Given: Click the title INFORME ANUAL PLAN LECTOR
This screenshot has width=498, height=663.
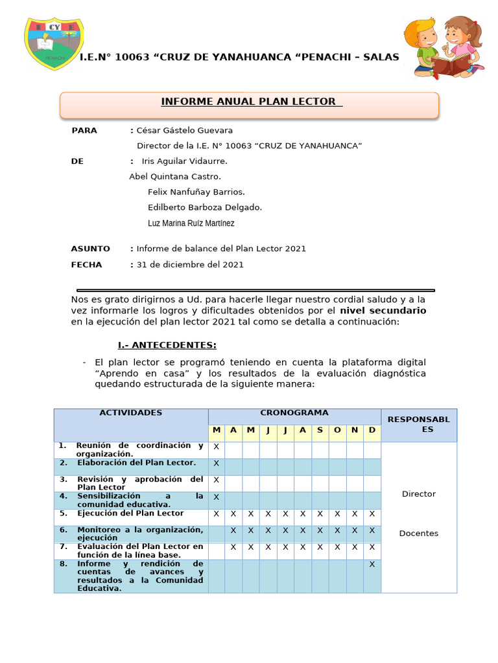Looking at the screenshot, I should [x=249, y=102].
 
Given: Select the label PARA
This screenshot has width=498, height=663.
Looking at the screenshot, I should [x=84, y=131].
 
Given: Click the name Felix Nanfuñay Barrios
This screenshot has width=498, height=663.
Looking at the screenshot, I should [x=196, y=192].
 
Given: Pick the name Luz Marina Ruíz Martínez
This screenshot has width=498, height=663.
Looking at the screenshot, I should [x=191, y=223].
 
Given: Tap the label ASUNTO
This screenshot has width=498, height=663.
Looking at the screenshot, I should [x=90, y=249].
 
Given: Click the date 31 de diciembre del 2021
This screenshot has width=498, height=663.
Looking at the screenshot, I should [x=190, y=264].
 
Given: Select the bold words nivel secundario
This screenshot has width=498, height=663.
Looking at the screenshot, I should [x=383, y=311].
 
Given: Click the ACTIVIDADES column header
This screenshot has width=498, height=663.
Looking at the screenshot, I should [x=130, y=413].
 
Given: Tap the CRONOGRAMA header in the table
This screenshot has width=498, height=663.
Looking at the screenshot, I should [x=294, y=413].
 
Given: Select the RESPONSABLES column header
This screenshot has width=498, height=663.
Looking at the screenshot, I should [x=418, y=425].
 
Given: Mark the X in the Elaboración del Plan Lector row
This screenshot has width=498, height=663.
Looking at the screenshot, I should [x=216, y=464].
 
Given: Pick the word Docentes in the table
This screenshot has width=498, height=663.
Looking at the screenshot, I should [x=418, y=534].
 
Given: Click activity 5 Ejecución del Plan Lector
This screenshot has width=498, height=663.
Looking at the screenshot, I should [x=130, y=513].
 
